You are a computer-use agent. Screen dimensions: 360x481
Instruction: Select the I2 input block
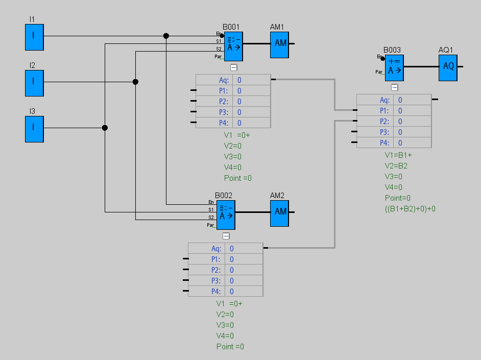pos(34,83)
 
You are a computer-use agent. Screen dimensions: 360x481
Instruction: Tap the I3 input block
pos(34,129)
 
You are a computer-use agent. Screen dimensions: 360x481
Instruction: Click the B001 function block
pos(233,46)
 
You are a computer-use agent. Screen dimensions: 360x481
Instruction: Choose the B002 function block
pos(226,214)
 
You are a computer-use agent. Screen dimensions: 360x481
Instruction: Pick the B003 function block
pos(394,68)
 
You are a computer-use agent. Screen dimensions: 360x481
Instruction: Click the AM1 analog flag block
pos(280,43)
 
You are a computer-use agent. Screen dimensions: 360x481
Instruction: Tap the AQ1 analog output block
pos(448,67)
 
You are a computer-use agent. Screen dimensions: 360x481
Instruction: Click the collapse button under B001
pos(233,67)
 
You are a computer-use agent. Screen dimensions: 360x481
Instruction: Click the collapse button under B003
pos(394,87)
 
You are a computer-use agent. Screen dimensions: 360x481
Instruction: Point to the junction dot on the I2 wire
pos(135,82)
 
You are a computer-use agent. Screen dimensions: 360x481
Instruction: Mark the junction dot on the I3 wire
pos(105,128)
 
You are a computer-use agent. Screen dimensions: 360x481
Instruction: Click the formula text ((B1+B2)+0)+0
pos(410,208)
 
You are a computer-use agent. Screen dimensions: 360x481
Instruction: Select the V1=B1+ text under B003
pos(398,155)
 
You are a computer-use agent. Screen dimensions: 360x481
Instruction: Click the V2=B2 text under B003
pos(396,166)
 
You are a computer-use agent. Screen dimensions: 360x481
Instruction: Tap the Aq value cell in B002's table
pos(244,249)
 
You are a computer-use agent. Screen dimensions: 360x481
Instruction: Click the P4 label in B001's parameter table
pos(223,123)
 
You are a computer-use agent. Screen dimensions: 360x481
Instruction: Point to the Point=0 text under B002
pos(230,347)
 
